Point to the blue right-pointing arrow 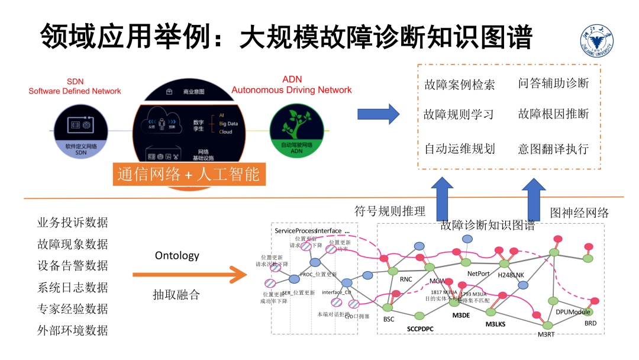[x=378, y=114]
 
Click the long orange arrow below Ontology [x=189, y=275]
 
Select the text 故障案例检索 [x=459, y=85]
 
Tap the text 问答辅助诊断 [x=553, y=83]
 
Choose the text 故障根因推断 [x=553, y=114]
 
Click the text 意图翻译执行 [x=553, y=149]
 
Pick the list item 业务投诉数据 [x=73, y=223]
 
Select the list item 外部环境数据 [x=73, y=330]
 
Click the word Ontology [x=177, y=256]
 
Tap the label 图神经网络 [x=579, y=213]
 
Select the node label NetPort [x=479, y=274]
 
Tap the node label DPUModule [x=573, y=311]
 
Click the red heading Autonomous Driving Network [x=292, y=90]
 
